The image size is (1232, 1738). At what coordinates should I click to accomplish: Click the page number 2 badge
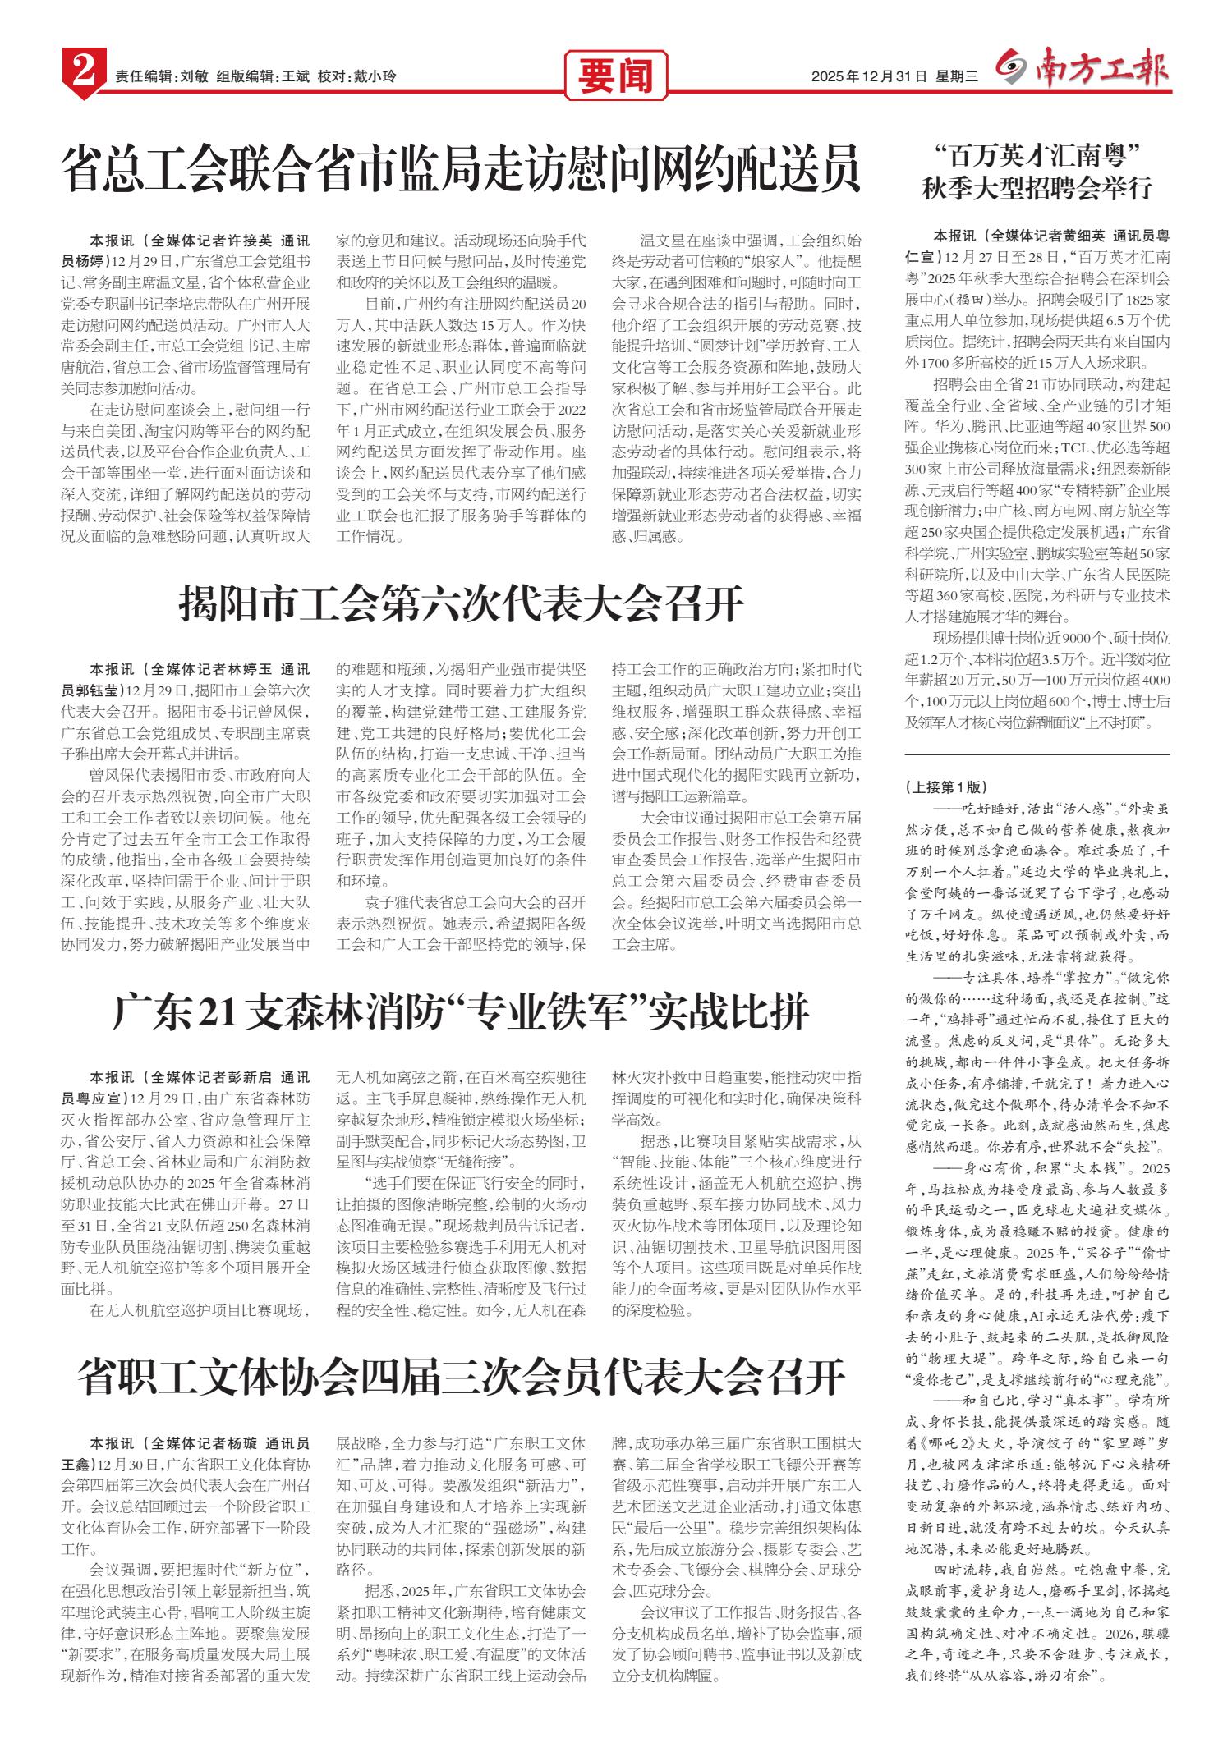pos(81,76)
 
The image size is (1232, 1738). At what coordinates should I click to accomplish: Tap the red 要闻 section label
pos(615,76)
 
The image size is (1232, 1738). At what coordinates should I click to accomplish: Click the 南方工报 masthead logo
pos(1084,72)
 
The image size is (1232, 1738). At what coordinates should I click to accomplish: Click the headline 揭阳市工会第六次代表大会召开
pos(461,605)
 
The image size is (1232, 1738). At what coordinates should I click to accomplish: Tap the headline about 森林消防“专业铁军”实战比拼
pos(461,1013)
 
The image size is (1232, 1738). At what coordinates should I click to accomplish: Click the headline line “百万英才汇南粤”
pos(1038,154)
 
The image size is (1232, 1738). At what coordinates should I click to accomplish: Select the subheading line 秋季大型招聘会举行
pos(1038,189)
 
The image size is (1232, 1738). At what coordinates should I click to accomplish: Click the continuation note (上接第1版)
pos(945,786)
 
